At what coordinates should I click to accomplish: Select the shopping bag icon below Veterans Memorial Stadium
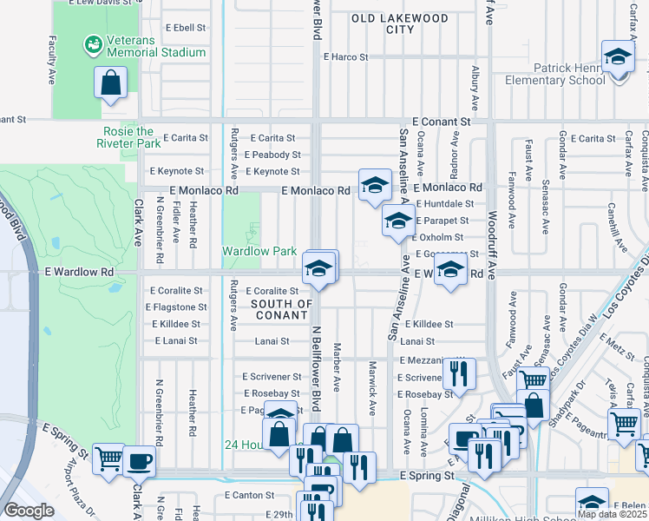pyautogui.click(x=112, y=84)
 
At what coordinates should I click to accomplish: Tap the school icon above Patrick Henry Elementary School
pyautogui.click(x=617, y=58)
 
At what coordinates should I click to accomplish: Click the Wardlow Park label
pyautogui.click(x=260, y=251)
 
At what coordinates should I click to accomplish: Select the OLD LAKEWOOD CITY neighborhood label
pyautogui.click(x=400, y=23)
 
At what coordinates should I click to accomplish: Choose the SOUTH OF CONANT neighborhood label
pyautogui.click(x=281, y=309)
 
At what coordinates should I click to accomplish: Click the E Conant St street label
pyautogui.click(x=441, y=122)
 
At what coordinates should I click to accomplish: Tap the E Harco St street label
pyautogui.click(x=345, y=57)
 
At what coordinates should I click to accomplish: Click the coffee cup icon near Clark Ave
pyautogui.click(x=139, y=460)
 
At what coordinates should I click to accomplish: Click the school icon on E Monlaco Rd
pyautogui.click(x=374, y=185)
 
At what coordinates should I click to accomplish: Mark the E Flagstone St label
pyautogui.click(x=177, y=307)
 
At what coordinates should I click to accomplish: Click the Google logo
pyautogui.click(x=29, y=511)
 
